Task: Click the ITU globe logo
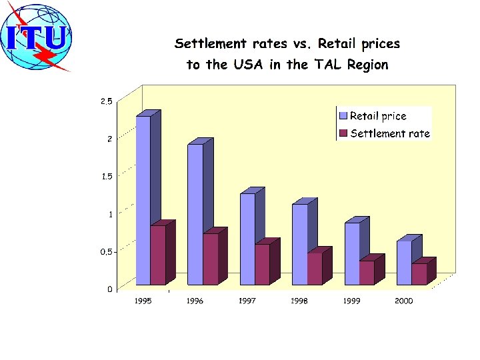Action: [36, 37]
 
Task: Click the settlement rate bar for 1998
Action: [315, 269]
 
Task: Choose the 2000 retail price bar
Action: [405, 263]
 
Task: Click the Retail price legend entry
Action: [373, 116]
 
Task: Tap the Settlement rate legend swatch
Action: [343, 133]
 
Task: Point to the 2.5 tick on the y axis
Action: [107, 101]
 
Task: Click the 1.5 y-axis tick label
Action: [107, 176]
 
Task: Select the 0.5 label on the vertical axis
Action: [107, 251]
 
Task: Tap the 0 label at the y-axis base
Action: [110, 289]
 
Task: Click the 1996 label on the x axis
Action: [195, 301]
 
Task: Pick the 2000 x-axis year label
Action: [404, 301]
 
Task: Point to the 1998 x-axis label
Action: [299, 301]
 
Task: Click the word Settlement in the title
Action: [210, 43]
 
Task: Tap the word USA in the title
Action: [248, 64]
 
